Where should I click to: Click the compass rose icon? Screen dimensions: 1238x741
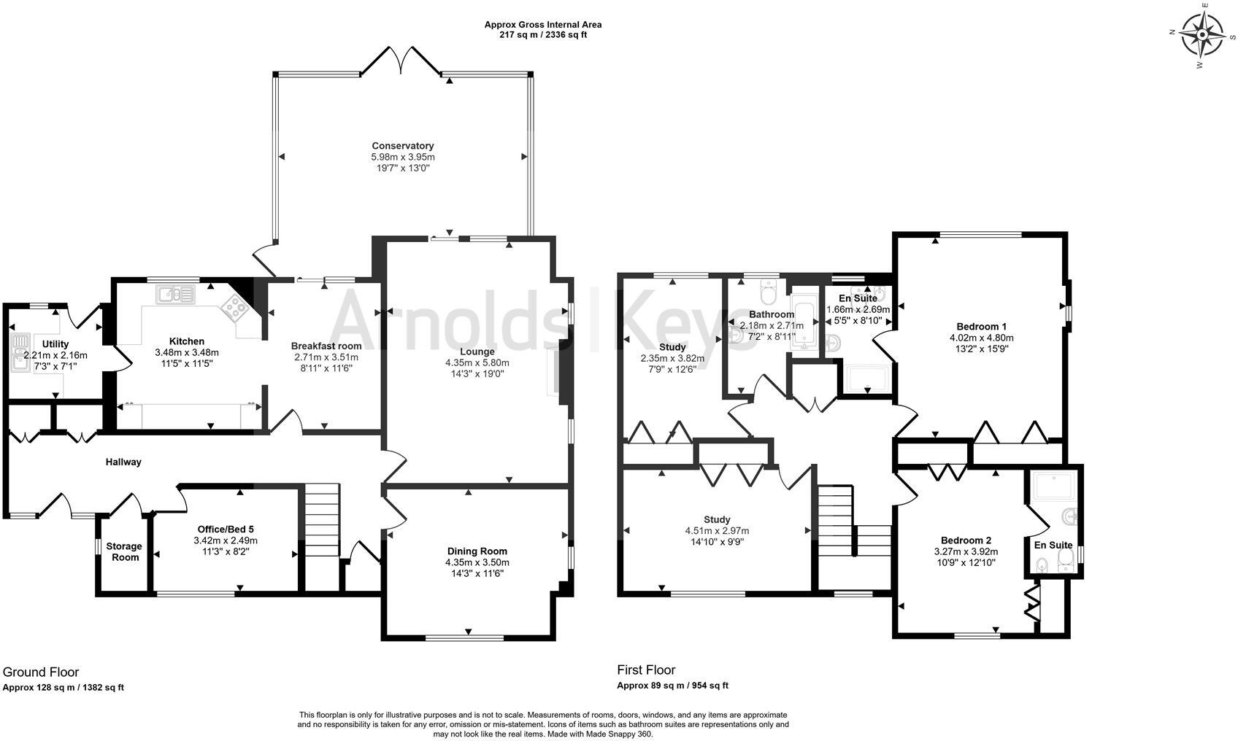point(1202,36)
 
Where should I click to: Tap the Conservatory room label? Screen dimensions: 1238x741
point(402,146)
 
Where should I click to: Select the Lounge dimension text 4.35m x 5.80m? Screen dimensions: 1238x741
point(477,362)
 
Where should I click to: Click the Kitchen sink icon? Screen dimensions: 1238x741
point(176,295)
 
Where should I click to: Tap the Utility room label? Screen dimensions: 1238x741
point(55,344)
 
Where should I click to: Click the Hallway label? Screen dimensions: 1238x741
point(123,462)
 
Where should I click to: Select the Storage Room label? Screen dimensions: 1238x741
point(124,551)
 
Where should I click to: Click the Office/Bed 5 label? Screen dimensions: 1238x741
point(226,529)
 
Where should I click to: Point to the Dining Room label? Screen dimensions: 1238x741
point(477,551)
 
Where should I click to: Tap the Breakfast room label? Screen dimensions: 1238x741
point(326,346)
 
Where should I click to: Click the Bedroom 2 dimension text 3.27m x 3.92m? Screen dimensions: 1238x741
point(966,551)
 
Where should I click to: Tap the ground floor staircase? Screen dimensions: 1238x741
point(322,520)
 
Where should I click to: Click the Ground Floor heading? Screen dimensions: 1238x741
point(41,672)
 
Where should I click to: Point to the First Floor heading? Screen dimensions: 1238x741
point(646,670)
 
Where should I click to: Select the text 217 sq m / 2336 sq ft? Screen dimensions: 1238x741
point(543,35)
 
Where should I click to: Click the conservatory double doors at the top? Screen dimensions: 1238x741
point(401,61)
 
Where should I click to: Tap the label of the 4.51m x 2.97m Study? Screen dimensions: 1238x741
point(717,519)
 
